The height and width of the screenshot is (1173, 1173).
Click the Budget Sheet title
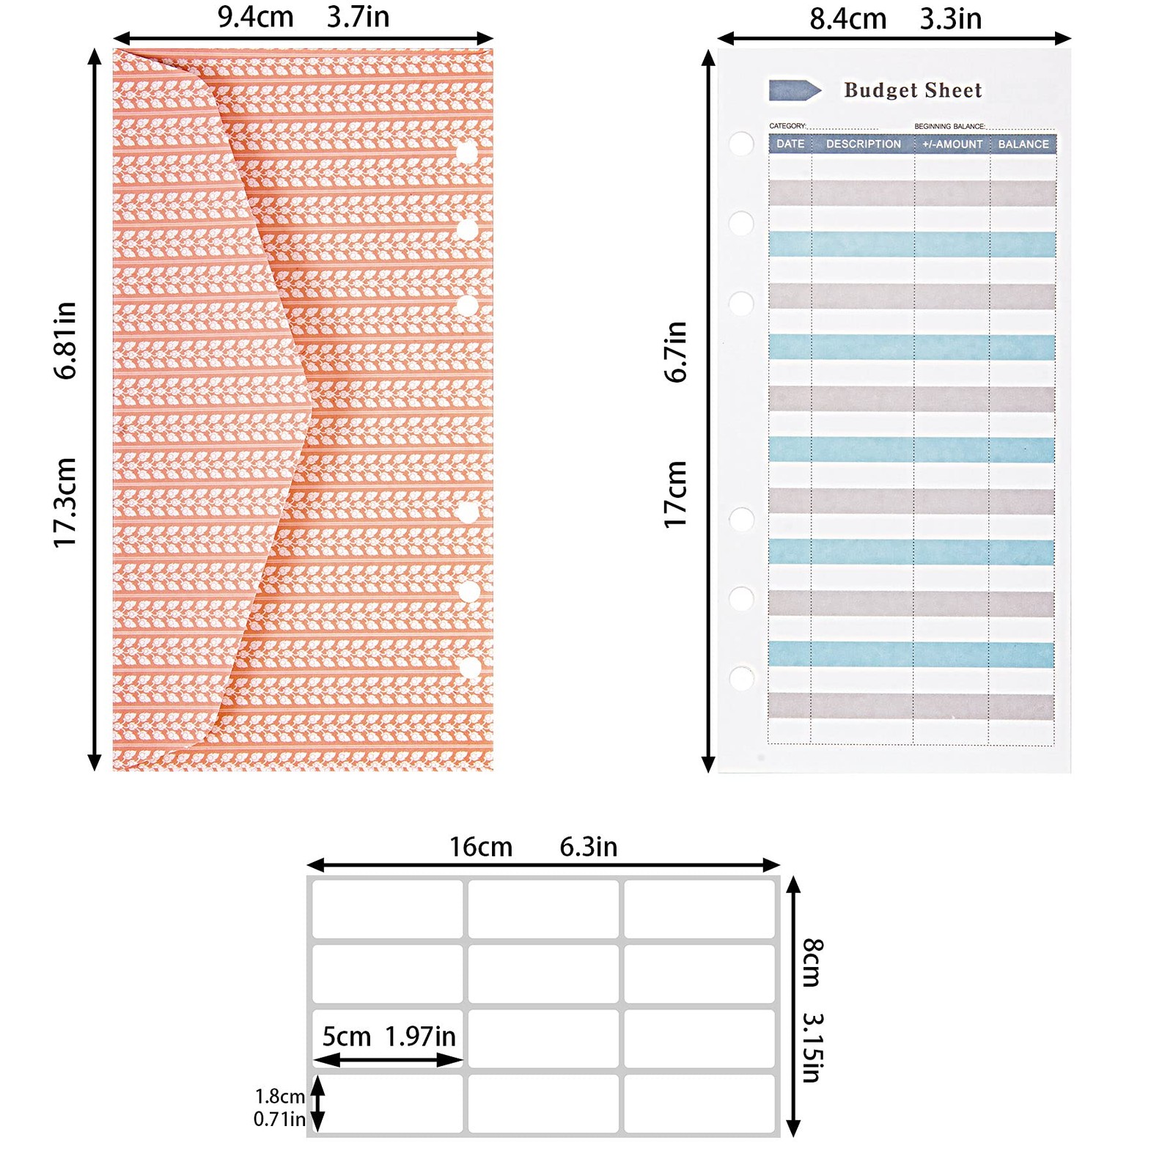(x=913, y=90)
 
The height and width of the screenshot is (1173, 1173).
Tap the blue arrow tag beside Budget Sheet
(x=795, y=90)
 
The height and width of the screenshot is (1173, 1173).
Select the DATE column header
(x=790, y=144)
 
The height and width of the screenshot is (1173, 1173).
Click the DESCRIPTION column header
(x=864, y=144)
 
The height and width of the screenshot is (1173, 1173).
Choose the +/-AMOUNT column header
(x=952, y=144)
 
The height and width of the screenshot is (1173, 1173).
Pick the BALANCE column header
(x=1023, y=144)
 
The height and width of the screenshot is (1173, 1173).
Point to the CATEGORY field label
(x=787, y=126)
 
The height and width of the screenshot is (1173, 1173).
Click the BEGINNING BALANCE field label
(x=949, y=126)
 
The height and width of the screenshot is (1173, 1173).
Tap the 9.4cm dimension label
(x=255, y=17)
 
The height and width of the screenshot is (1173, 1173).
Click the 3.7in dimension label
(x=358, y=17)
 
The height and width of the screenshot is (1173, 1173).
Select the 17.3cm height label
(x=65, y=502)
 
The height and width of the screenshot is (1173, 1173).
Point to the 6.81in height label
(x=65, y=340)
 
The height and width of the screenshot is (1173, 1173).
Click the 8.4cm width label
(x=848, y=19)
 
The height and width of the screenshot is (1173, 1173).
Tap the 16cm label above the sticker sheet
(x=481, y=847)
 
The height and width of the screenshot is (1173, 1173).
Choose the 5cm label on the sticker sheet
(x=347, y=1037)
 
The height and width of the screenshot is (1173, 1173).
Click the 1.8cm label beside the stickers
(x=280, y=1096)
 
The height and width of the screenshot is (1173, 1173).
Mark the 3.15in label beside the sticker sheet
(x=813, y=1048)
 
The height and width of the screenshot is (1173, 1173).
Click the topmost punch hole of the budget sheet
(x=741, y=143)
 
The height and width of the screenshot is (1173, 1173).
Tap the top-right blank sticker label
(x=699, y=908)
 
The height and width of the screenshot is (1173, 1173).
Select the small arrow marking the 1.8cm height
(x=317, y=1103)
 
